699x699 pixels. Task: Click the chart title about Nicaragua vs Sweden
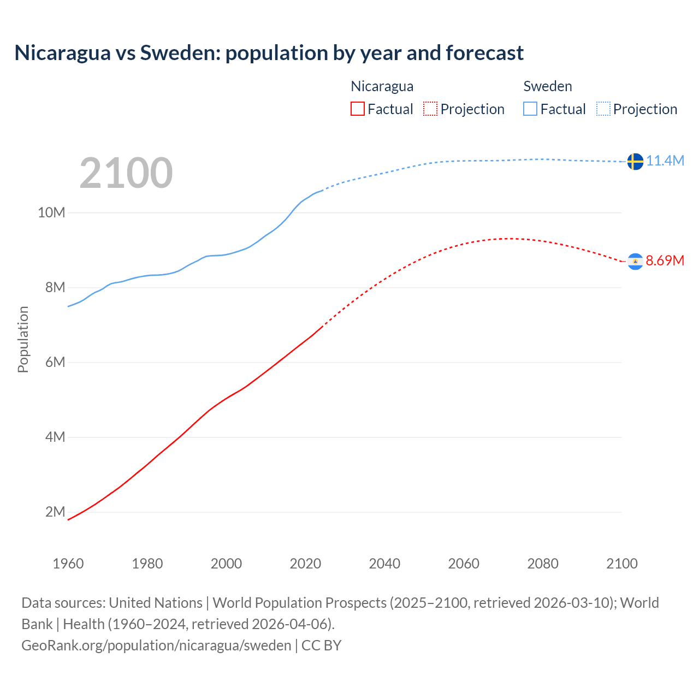269,53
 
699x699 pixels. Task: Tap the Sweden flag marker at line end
635,161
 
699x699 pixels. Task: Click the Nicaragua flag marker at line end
635,262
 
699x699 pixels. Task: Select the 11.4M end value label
665,161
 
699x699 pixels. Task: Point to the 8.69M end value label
665,260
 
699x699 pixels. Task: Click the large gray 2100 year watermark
126,173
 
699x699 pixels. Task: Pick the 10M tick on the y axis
51,212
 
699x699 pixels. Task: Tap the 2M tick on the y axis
55,512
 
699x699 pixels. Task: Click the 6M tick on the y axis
55,362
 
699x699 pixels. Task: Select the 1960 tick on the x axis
68,564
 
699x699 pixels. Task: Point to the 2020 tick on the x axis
305,564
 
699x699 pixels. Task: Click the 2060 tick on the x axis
464,564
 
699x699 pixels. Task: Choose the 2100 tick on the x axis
621,564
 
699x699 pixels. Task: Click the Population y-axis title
23,339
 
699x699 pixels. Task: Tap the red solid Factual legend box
357,109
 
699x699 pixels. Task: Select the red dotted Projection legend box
430,109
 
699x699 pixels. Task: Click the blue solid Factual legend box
530,109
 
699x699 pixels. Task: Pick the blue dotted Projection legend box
603,109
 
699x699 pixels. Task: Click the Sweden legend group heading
547,86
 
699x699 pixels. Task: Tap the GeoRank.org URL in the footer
156,645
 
